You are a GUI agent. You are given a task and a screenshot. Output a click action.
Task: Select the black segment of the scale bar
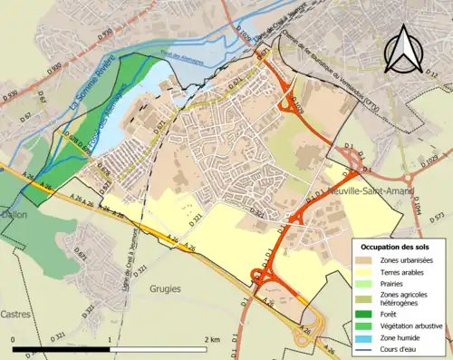click(61, 347)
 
